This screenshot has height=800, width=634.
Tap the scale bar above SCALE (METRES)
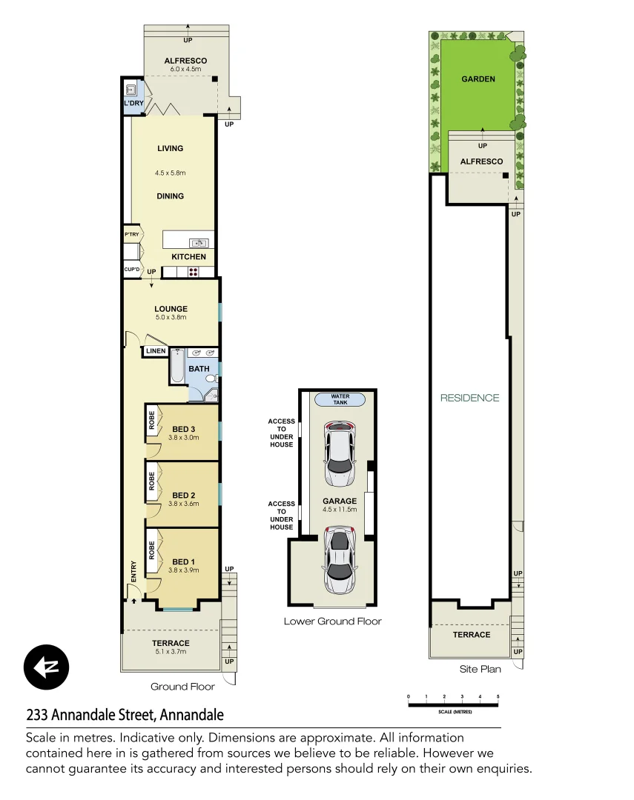pyautogui.click(x=453, y=704)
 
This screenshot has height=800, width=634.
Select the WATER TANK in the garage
pyautogui.click(x=340, y=399)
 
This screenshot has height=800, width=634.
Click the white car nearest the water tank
pyautogui.click(x=339, y=454)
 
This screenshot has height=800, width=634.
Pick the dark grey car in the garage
pyautogui.click(x=339, y=559)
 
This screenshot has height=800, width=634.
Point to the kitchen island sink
pyautogui.click(x=199, y=242)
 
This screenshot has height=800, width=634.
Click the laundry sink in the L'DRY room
pyautogui.click(x=131, y=90)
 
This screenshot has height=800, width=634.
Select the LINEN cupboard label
pyautogui.click(x=155, y=351)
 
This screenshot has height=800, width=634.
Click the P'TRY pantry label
pyautogui.click(x=131, y=235)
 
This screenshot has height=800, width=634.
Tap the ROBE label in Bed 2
pyautogui.click(x=151, y=481)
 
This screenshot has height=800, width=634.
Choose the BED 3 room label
pyautogui.click(x=183, y=429)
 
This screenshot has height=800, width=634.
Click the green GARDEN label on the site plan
pyautogui.click(x=478, y=79)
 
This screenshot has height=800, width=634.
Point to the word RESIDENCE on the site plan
pyautogui.click(x=469, y=398)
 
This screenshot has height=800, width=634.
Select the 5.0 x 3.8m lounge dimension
pyautogui.click(x=171, y=317)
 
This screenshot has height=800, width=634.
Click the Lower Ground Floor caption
pyautogui.click(x=332, y=621)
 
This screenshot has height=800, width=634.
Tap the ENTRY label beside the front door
pyautogui.click(x=133, y=570)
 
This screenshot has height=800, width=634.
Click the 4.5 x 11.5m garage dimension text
pyautogui.click(x=339, y=510)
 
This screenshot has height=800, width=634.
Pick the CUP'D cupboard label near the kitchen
pyautogui.click(x=131, y=270)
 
